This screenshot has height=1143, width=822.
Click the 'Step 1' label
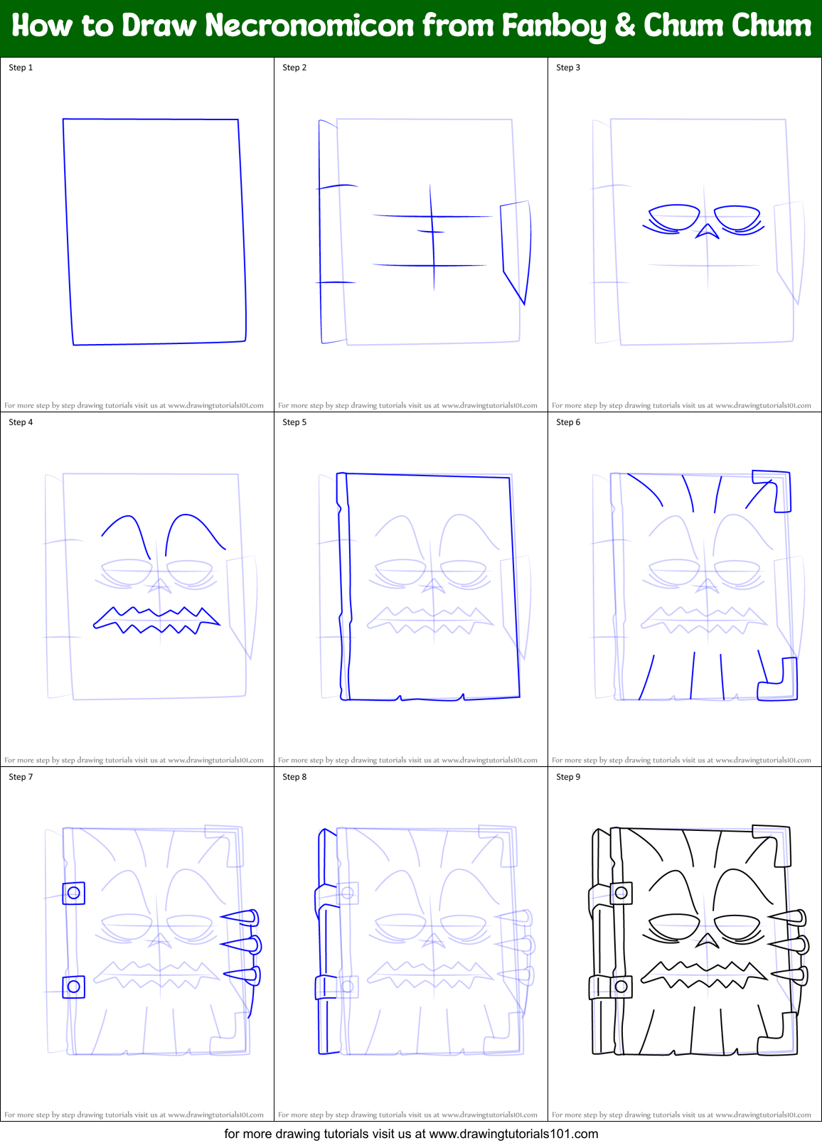pyautogui.click(x=21, y=68)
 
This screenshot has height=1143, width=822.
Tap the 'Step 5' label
pyautogui.click(x=294, y=422)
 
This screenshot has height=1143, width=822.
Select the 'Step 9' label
pyautogui.click(x=568, y=777)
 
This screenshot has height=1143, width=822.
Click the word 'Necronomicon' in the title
pyautogui.click(x=309, y=26)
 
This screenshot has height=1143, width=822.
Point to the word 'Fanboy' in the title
pyautogui.click(x=554, y=26)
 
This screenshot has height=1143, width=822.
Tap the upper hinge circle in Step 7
pyautogui.click(x=73, y=893)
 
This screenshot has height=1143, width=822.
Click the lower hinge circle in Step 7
pyautogui.click(x=73, y=987)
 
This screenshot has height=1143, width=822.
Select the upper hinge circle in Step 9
pyautogui.click(x=621, y=893)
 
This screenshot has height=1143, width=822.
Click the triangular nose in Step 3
pyautogui.click(x=706, y=231)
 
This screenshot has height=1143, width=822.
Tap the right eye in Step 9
pyautogui.click(x=737, y=927)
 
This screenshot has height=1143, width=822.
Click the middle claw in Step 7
pyautogui.click(x=242, y=945)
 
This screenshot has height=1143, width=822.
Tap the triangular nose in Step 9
pyautogui.click(x=706, y=941)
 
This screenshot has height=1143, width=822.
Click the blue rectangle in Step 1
pyautogui.click(x=155, y=232)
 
